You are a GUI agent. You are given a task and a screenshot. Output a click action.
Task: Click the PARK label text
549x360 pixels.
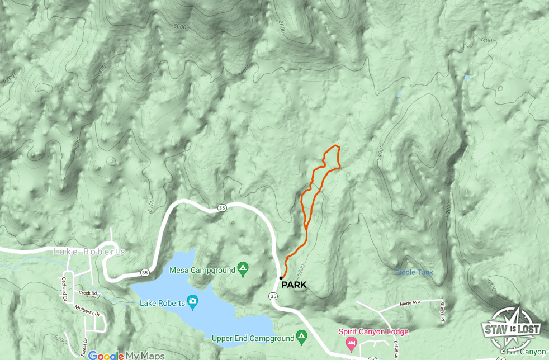click(x=294, y=285)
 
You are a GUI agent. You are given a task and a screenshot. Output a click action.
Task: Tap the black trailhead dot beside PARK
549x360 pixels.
click(x=281, y=277)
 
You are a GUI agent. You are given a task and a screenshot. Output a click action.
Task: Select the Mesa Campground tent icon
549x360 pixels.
click(x=243, y=270)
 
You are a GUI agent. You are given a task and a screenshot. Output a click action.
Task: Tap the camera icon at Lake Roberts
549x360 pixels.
click(x=193, y=302)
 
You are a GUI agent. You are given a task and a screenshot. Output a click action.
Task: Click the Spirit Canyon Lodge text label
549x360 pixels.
click(x=373, y=331)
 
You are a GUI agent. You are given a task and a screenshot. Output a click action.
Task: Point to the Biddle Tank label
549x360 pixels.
click(x=414, y=273)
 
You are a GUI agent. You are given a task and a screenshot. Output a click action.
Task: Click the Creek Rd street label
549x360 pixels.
click(x=88, y=292)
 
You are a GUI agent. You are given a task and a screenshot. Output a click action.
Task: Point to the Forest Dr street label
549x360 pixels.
click(x=86, y=347)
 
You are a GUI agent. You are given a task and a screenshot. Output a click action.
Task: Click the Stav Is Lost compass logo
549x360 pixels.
click(x=512, y=329)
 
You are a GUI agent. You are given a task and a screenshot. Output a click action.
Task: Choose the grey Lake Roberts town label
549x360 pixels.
click(x=89, y=252)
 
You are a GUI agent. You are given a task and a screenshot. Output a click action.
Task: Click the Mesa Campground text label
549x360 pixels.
click(x=202, y=271)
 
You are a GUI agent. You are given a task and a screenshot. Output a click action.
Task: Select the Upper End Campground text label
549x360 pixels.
click(x=253, y=338)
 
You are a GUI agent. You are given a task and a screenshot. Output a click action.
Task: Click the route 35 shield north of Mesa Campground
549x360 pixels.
click(x=222, y=208)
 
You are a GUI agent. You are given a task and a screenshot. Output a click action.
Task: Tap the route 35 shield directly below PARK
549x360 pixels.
click(x=273, y=296)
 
